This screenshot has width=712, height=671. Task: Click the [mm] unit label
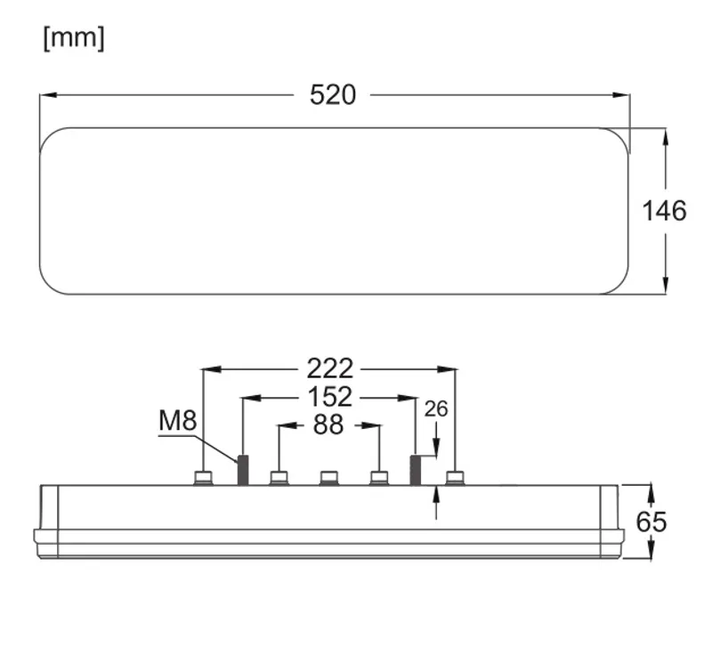(74, 38)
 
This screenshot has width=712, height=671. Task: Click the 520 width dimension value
(333, 95)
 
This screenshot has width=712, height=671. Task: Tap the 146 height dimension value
(664, 211)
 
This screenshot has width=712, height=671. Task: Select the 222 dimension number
(330, 368)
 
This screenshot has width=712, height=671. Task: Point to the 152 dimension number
(330, 397)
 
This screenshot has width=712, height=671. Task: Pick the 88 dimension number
(328, 424)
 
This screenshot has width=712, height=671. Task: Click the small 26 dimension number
(436, 409)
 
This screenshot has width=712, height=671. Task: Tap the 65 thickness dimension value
(651, 521)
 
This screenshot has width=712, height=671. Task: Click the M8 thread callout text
(177, 420)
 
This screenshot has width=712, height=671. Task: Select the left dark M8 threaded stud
(243, 471)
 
